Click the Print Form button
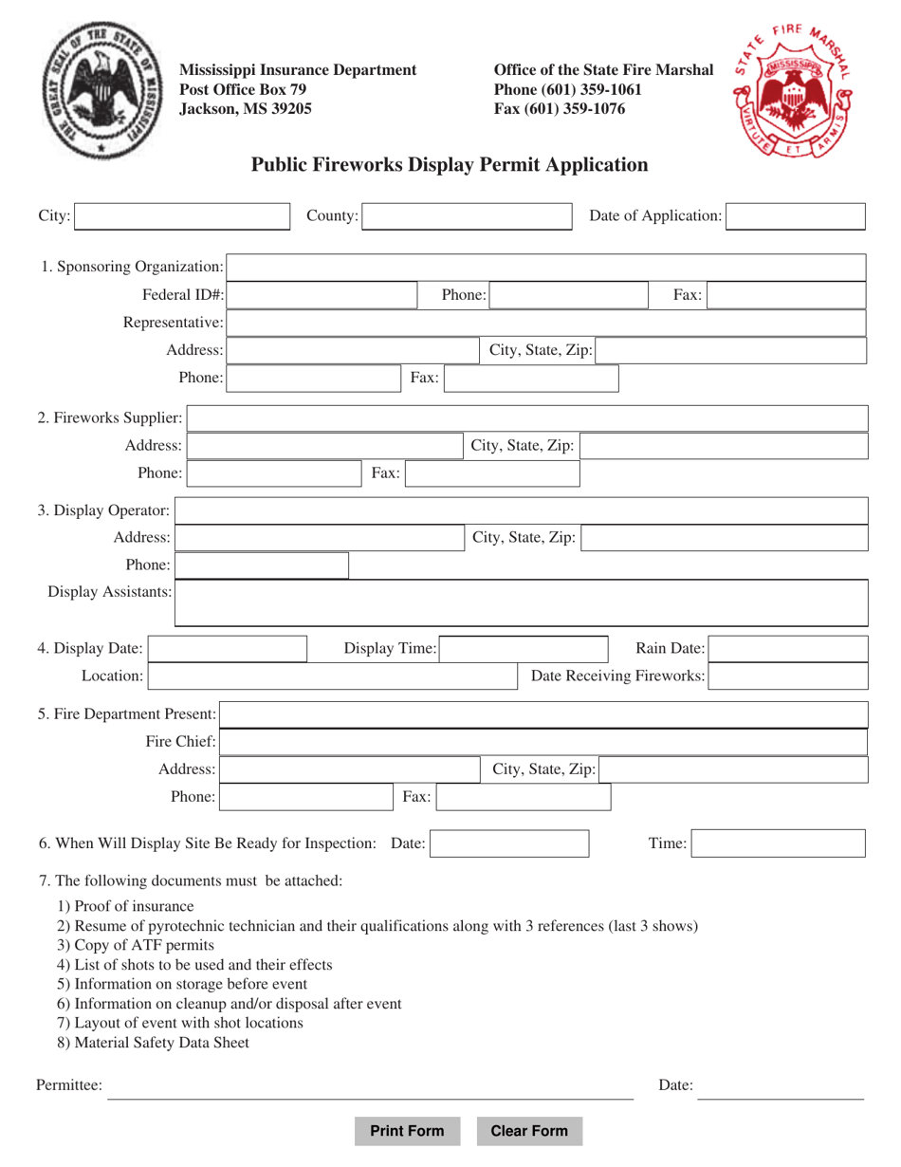pyautogui.click(x=407, y=1131)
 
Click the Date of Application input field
pyautogui.click(x=796, y=216)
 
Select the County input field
pyautogui.click(x=467, y=216)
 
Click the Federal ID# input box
pyautogui.click(x=324, y=296)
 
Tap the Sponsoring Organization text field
pyautogui.click(x=546, y=267)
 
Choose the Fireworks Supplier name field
pyautogui.click(x=527, y=418)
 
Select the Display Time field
pyautogui.click(x=526, y=649)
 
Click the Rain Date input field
pyautogui.click(x=788, y=649)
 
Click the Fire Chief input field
pyautogui.click(x=543, y=742)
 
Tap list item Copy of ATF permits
pyautogui.click(x=136, y=945)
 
